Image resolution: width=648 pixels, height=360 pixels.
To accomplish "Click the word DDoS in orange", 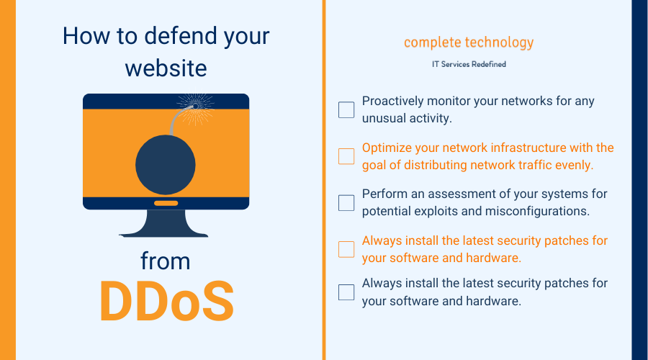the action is [166, 301].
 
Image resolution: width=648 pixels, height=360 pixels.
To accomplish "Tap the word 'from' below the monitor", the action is [166, 261].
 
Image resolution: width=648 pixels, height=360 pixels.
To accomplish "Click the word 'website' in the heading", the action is [166, 68].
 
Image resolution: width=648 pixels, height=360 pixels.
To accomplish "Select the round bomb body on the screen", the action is [166, 165].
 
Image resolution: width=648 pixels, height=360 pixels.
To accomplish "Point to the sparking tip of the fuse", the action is [195, 107].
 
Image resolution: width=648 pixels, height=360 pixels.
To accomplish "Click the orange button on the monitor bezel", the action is [166, 203].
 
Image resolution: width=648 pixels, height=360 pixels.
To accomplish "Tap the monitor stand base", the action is [164, 224].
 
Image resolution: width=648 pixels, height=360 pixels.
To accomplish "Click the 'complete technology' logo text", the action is [469, 42].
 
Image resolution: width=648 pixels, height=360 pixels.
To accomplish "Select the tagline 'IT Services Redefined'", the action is [469, 64].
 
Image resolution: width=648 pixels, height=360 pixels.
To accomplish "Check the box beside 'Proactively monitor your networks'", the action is [346, 110].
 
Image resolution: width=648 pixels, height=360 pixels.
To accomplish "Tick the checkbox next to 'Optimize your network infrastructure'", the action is [346, 156].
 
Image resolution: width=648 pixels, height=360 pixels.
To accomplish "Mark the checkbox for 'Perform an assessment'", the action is [346, 203].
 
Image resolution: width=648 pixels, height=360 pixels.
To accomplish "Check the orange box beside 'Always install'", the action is [346, 249].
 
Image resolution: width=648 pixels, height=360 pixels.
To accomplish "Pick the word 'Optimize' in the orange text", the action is [387, 148].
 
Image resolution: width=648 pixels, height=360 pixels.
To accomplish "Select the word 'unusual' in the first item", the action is [381, 119].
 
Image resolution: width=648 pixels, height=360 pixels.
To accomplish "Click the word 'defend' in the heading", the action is [181, 35].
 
